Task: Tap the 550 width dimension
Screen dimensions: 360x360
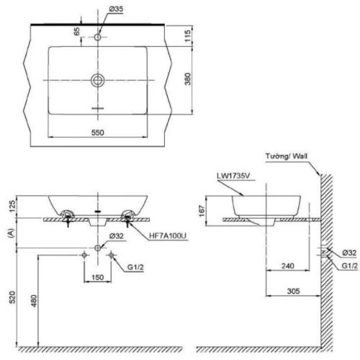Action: (x=98, y=132)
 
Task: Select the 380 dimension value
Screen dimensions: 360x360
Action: (x=187, y=78)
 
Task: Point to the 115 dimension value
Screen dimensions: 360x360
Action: (x=187, y=35)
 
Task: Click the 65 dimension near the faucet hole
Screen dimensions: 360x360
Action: (x=77, y=32)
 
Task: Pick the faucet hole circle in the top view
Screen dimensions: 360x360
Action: (x=98, y=36)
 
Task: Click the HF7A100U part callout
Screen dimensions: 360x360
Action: (x=168, y=235)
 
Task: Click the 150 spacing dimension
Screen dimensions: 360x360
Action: (x=98, y=276)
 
